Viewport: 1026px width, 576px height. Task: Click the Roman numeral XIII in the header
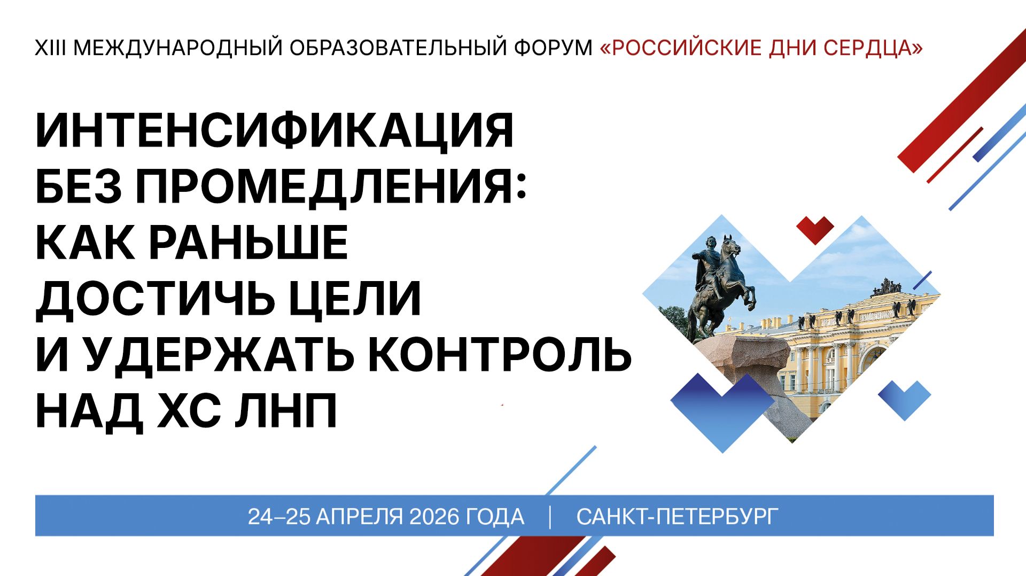coord(50,48)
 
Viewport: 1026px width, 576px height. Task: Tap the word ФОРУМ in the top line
coord(553,48)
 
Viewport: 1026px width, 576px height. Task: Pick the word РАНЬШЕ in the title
coord(248,243)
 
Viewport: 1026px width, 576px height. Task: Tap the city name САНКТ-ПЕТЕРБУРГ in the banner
coord(677,517)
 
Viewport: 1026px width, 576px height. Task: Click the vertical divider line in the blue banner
coord(550,517)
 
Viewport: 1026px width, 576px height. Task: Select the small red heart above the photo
coord(815,229)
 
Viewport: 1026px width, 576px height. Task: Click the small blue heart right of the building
coord(904,398)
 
